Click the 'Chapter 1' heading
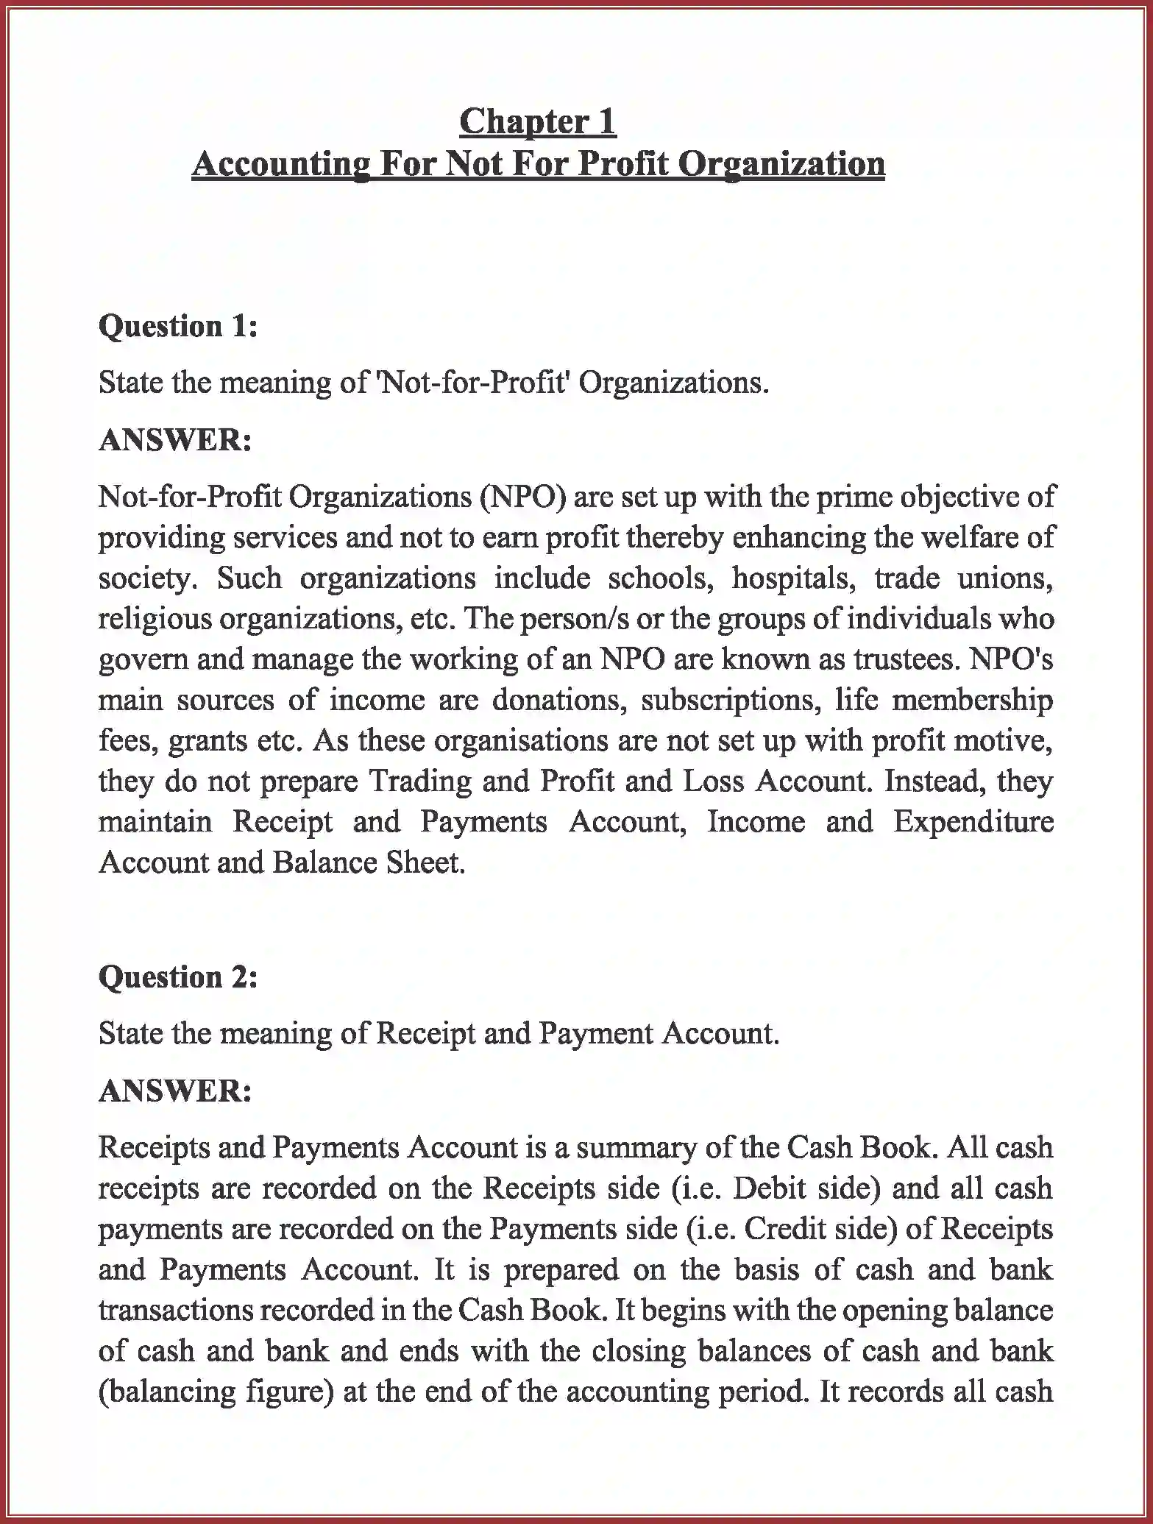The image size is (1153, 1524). coord(537,121)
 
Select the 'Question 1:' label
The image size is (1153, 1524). coord(178,325)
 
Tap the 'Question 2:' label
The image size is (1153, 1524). coord(178,977)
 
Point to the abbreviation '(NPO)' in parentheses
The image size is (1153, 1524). coord(523,497)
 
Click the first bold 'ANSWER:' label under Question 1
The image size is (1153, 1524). coord(175,440)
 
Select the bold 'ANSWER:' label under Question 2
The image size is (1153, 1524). coord(175,1091)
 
